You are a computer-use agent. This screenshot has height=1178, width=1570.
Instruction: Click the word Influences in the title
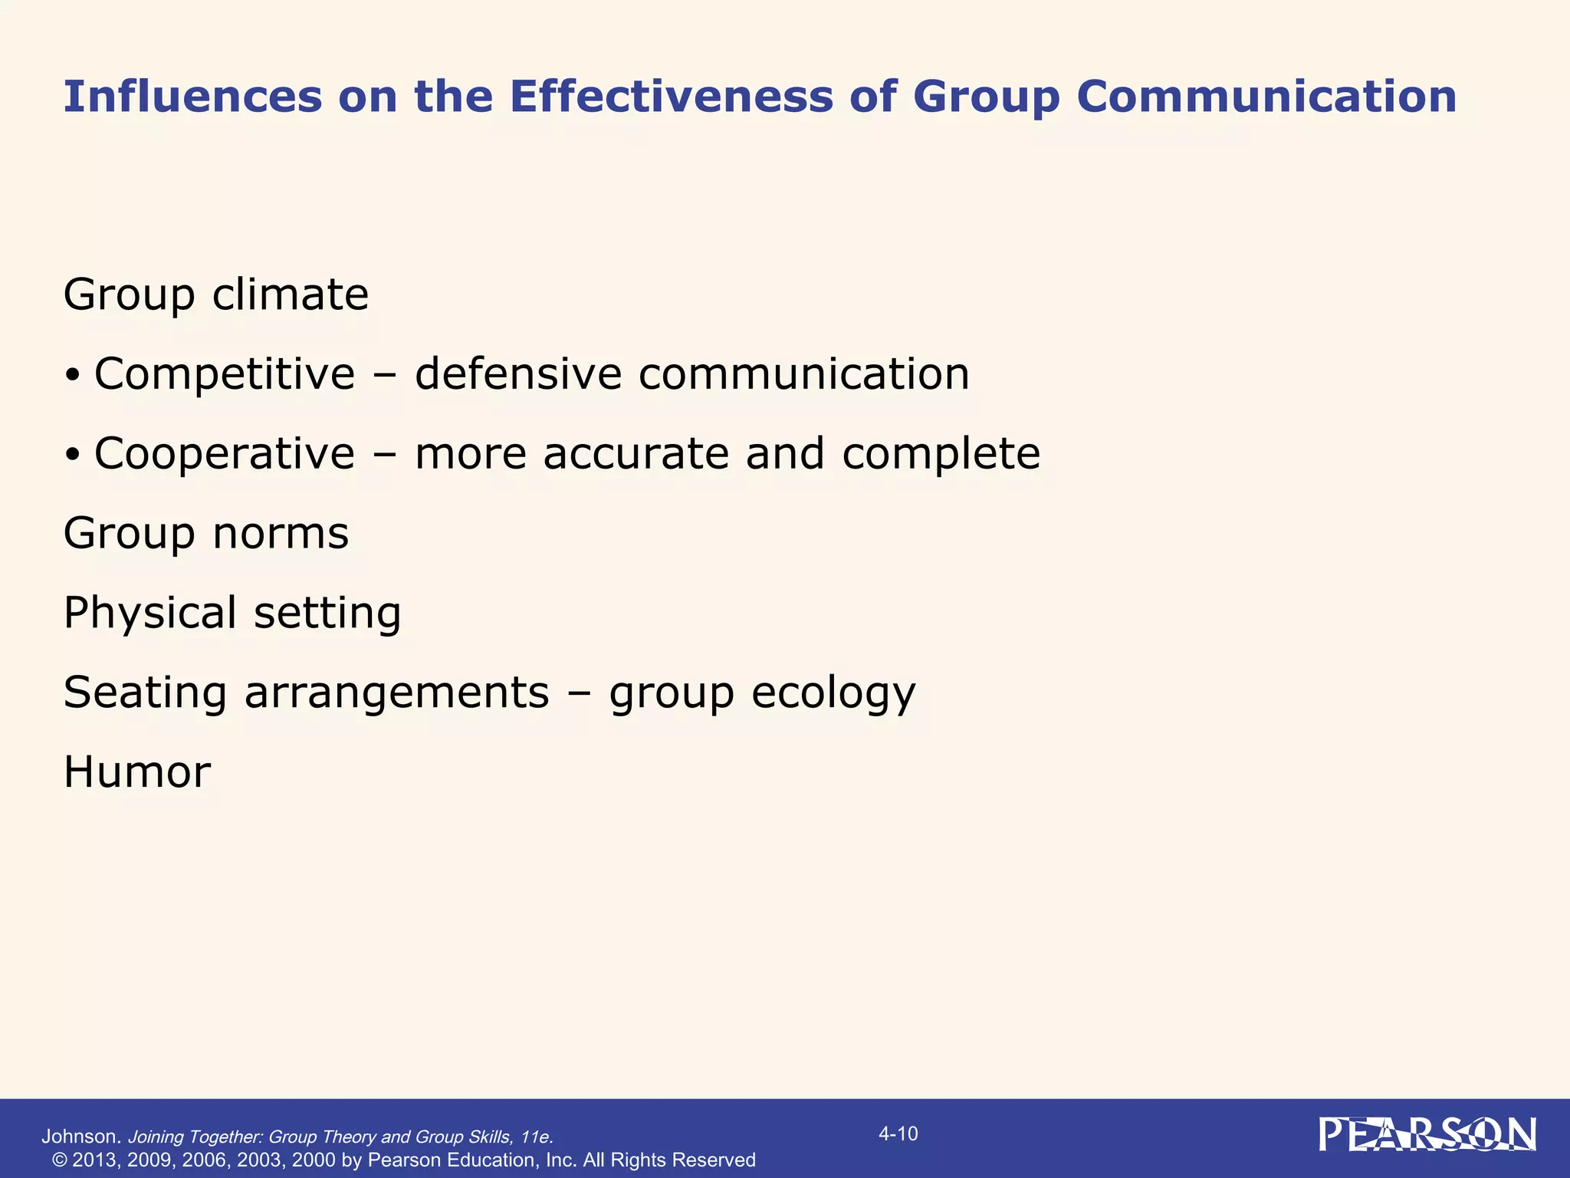192,97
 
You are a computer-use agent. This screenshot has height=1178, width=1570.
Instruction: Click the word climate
291,294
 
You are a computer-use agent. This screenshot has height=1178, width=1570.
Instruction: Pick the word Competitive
225,374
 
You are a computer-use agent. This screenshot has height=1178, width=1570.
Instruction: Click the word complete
941,454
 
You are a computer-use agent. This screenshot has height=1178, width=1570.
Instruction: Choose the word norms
281,534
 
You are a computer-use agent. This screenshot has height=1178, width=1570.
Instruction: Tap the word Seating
145,693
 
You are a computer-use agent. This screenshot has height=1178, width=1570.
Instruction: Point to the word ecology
833,693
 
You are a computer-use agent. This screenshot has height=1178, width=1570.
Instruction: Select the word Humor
136,772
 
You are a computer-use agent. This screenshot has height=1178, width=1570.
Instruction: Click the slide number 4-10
898,1134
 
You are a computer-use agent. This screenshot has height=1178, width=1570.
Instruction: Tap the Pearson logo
1427,1135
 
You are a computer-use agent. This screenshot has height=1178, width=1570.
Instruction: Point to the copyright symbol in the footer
60,1160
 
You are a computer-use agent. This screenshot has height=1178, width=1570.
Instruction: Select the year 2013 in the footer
96,1160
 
